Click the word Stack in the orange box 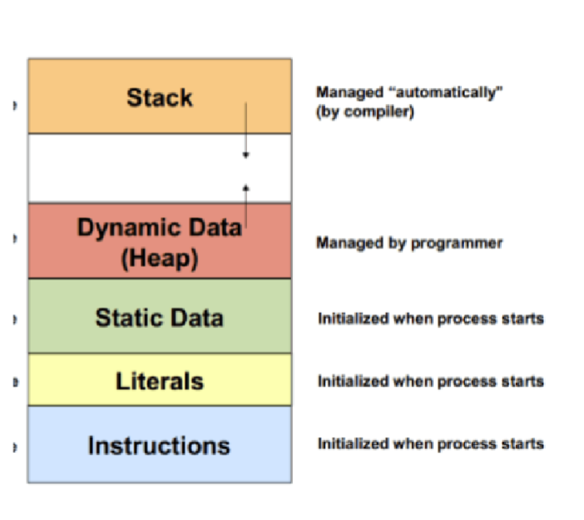159,97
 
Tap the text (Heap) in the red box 159,258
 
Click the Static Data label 159,317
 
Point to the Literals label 159,380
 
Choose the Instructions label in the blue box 159,445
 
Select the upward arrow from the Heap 245,204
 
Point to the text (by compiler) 364,111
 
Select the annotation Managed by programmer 409,244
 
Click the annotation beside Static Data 430,319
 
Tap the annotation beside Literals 430,381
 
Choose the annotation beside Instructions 430,443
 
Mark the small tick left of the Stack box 14,106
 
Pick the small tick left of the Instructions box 14,448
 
